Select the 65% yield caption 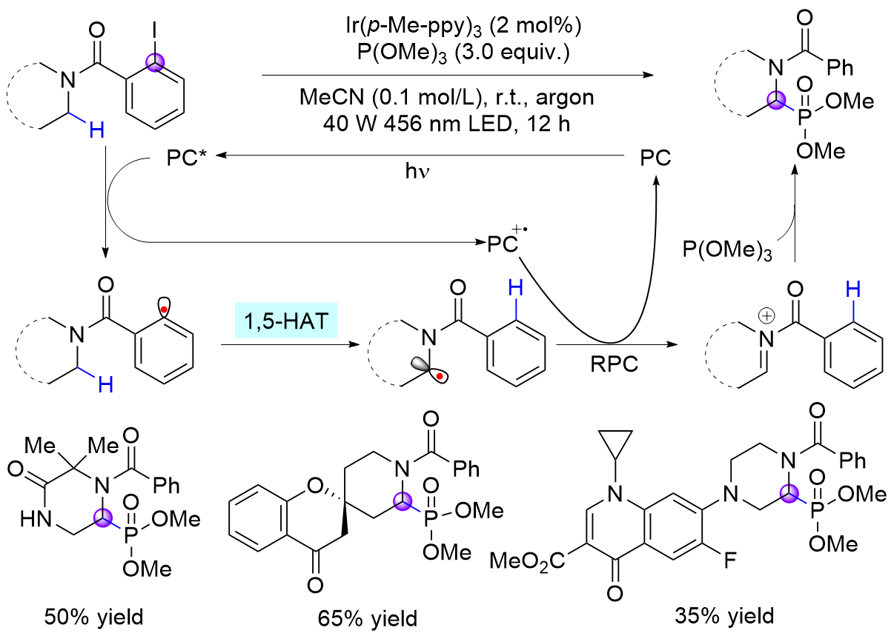tap(368, 616)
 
